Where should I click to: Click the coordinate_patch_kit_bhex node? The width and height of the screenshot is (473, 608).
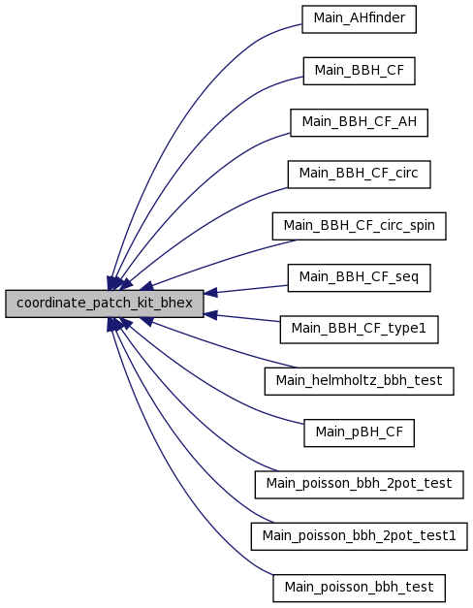(x=105, y=304)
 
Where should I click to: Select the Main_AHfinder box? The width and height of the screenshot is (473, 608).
(x=359, y=19)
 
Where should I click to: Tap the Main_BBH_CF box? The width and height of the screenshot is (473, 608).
(x=359, y=71)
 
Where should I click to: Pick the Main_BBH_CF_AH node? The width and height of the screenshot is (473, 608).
(x=359, y=122)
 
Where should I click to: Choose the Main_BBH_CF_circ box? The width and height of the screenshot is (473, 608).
(x=359, y=175)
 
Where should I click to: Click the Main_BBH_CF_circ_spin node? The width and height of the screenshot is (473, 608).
(x=359, y=226)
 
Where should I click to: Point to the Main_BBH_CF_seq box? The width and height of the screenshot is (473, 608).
(x=359, y=277)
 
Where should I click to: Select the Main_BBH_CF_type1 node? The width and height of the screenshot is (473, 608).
(x=359, y=329)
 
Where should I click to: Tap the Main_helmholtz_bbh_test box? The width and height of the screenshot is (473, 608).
(x=359, y=381)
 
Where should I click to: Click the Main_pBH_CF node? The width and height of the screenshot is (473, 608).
(x=359, y=432)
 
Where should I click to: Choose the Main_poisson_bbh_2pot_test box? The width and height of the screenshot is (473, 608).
(x=359, y=484)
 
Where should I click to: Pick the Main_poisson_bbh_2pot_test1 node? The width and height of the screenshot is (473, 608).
(x=359, y=536)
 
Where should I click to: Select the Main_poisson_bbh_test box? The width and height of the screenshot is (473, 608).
(x=359, y=588)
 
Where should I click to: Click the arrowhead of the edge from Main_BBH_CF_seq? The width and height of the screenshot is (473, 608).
(x=210, y=293)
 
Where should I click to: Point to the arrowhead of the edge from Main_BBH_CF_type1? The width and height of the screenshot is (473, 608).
(x=210, y=314)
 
